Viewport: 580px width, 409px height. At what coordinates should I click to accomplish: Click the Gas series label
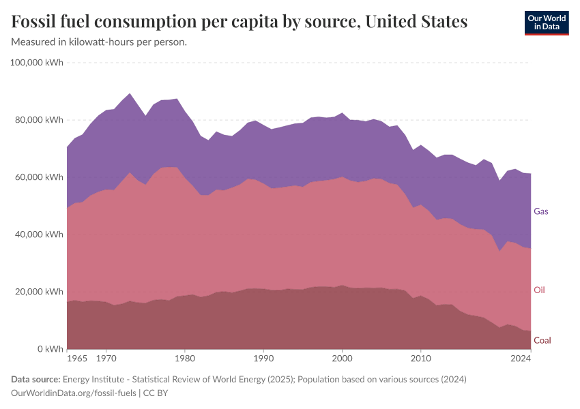click(540, 211)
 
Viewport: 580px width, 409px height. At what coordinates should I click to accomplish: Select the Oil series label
click(539, 290)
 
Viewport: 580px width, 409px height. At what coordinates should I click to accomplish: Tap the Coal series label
click(542, 340)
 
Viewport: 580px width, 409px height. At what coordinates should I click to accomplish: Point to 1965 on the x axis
click(77, 358)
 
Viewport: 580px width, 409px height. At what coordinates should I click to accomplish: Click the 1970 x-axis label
click(106, 358)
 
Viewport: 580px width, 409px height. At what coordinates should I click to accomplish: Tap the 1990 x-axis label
click(263, 358)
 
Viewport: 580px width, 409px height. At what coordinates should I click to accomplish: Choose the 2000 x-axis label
click(342, 358)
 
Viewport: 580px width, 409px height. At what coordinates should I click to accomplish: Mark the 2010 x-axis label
click(421, 358)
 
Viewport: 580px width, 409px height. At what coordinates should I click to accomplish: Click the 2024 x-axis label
click(521, 358)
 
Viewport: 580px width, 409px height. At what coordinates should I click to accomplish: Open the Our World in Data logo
click(546, 22)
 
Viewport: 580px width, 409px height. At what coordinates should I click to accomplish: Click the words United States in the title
click(416, 22)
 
